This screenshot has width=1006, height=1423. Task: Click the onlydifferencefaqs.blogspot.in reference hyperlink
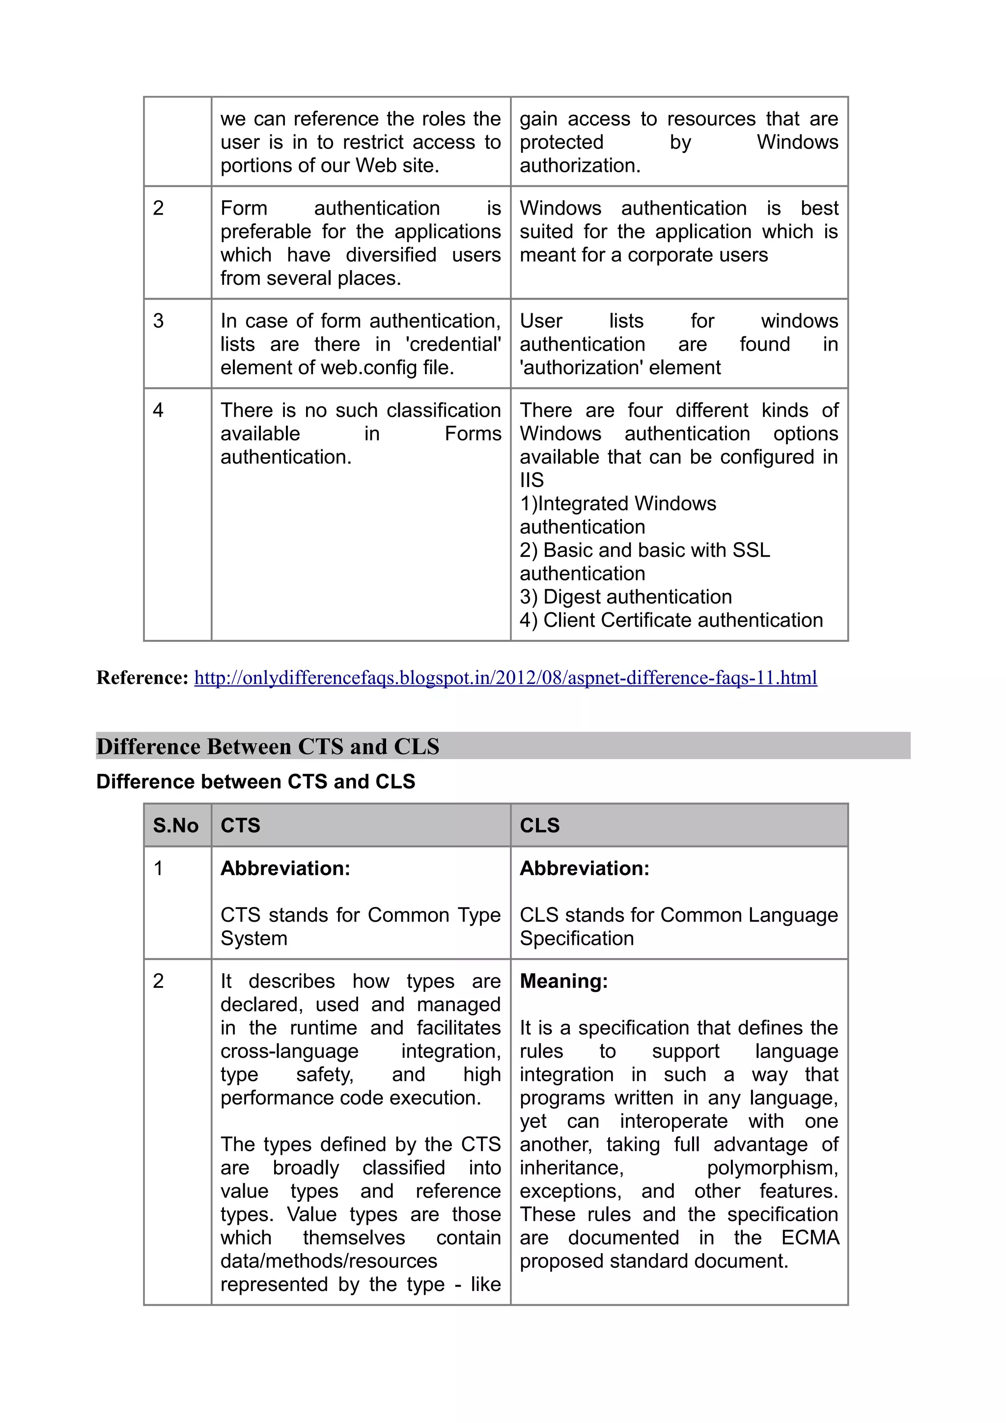(x=505, y=678)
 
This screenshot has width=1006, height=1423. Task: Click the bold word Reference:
(x=142, y=678)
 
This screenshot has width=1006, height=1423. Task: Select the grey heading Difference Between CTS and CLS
(x=268, y=746)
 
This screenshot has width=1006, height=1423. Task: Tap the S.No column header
(x=175, y=825)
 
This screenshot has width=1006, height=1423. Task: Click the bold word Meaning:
(x=563, y=981)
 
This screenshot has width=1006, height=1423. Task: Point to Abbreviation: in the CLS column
(x=584, y=868)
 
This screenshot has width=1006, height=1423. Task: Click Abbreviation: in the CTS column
(x=285, y=868)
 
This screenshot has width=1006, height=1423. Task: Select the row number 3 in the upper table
(x=159, y=321)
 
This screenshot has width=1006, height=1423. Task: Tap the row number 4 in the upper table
(x=159, y=410)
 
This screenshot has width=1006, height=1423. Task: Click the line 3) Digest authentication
(x=625, y=597)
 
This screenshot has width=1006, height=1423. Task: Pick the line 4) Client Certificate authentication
(x=671, y=620)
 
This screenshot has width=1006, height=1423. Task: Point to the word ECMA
(x=809, y=1238)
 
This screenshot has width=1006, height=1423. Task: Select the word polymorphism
(x=772, y=1168)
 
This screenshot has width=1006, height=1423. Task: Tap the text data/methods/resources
(x=329, y=1261)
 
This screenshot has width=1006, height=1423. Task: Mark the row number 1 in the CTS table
(x=159, y=868)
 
